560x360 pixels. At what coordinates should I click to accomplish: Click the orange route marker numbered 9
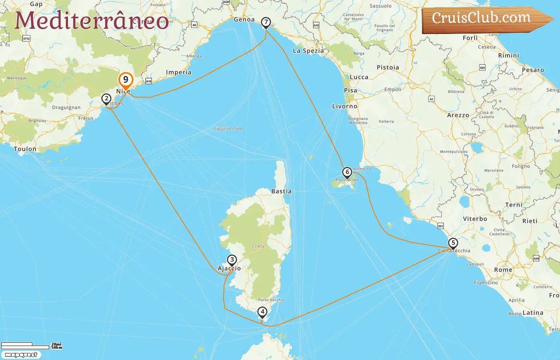(126, 80)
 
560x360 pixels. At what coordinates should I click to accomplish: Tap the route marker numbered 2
(106, 98)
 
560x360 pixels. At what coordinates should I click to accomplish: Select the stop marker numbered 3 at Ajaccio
(232, 260)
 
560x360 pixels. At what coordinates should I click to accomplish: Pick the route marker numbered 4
(262, 312)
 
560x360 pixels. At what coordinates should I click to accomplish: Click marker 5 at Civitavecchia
(453, 243)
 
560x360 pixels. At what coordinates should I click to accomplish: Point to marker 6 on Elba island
(347, 172)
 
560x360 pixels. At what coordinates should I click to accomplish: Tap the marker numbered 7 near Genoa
(266, 22)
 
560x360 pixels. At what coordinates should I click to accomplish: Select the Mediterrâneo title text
(92, 21)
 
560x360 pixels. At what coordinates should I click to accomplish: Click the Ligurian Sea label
(228, 129)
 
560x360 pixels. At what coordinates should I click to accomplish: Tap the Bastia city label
(281, 191)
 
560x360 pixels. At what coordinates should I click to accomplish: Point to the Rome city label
(503, 270)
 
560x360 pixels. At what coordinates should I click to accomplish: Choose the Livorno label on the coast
(344, 106)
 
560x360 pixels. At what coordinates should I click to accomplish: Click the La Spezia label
(308, 51)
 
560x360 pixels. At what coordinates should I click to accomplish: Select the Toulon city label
(25, 149)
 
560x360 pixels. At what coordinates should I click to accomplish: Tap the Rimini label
(508, 56)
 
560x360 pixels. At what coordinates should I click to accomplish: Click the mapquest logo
(21, 355)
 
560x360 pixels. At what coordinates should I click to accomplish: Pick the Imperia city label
(178, 72)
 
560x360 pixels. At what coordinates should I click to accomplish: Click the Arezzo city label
(458, 115)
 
